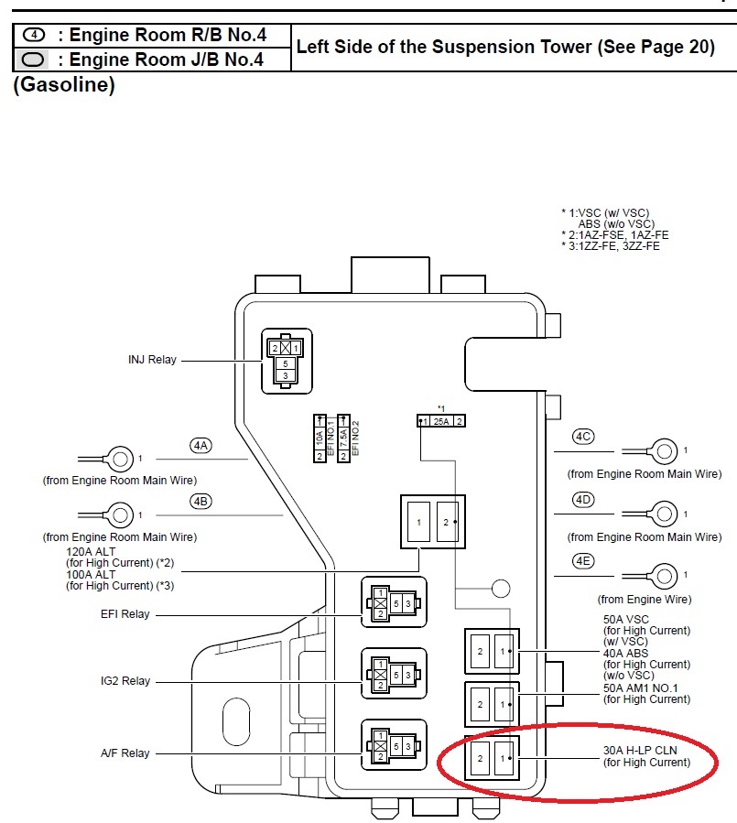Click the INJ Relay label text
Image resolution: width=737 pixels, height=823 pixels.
[152, 360]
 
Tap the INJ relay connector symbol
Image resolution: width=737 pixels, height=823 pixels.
[287, 361]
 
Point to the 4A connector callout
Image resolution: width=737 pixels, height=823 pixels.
[201, 446]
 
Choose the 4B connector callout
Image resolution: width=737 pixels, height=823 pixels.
[201, 501]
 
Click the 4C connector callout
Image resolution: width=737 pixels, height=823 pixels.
[583, 437]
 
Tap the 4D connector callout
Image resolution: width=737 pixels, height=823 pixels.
[583, 500]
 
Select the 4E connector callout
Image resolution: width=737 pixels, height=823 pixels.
[583, 561]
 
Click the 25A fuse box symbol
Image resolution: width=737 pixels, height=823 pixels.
[441, 421]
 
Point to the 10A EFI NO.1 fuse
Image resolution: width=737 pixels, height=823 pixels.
[320, 437]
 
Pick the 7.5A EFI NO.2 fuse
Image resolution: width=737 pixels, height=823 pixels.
[344, 437]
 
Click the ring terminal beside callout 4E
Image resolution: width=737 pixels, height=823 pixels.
[666, 575]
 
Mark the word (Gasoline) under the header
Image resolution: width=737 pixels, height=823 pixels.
[64, 86]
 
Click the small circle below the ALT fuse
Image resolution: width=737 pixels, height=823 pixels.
[501, 588]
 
